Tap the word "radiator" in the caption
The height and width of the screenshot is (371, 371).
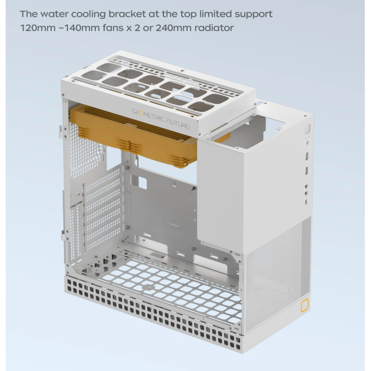214,28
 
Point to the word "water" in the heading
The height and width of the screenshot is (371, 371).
54,14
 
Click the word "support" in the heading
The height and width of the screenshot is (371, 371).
254,14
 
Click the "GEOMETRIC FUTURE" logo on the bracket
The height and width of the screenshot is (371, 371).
161,119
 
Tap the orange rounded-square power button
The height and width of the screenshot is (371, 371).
305,305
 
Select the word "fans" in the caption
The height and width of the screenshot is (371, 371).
112,28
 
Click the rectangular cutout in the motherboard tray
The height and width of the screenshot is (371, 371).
142,182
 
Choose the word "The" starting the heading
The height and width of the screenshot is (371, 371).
29,14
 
